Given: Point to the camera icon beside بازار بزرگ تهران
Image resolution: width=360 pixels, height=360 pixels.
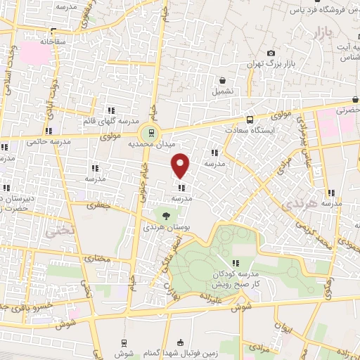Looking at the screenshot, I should tap(271, 53).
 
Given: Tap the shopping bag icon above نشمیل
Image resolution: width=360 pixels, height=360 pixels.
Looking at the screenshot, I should tap(222, 80).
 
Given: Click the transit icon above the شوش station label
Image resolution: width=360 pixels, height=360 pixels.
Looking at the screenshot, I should tap(124, 342).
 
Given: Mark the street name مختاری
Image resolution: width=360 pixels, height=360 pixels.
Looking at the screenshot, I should tap(98, 259).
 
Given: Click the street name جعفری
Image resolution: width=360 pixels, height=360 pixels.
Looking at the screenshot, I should tap(98, 207).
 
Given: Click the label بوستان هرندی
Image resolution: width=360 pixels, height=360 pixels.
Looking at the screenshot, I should tap(167, 228).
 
